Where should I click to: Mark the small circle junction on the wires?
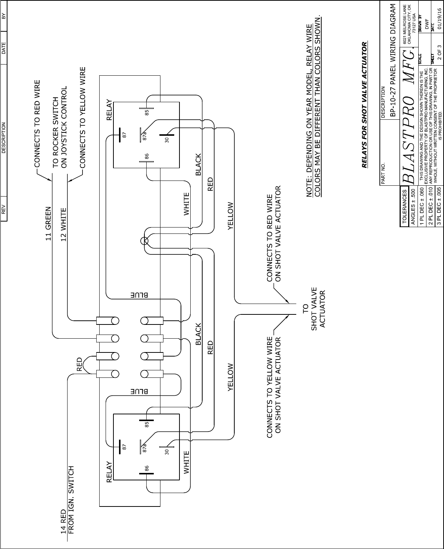[x=145, y=241]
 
